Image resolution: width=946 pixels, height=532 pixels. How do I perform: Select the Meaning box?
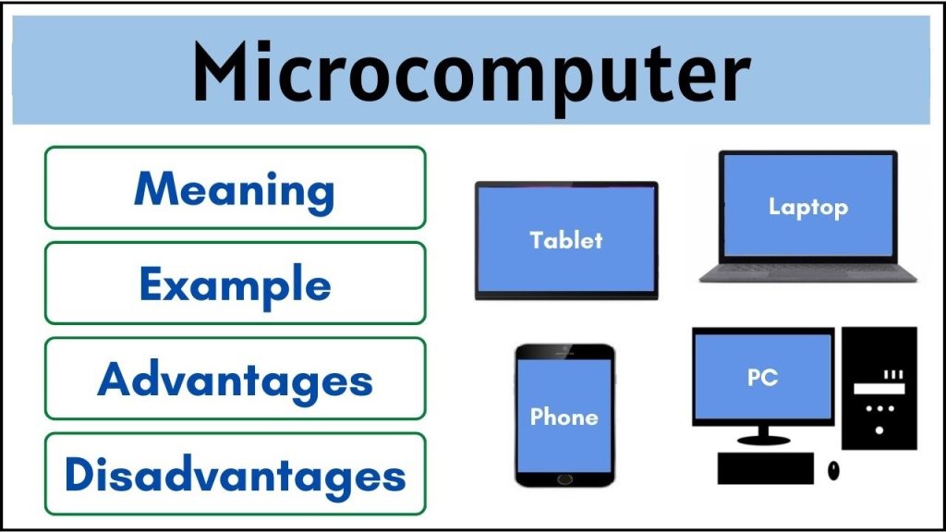click(x=235, y=187)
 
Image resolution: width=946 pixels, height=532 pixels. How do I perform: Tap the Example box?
click(x=235, y=283)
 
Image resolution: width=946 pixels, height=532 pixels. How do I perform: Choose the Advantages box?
click(x=235, y=379)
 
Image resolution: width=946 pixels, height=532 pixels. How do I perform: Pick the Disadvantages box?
click(x=235, y=474)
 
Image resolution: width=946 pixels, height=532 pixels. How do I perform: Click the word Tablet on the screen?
click(x=565, y=240)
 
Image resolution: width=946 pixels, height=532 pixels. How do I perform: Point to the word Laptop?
click(x=808, y=207)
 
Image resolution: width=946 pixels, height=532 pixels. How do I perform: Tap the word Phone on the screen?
click(x=564, y=417)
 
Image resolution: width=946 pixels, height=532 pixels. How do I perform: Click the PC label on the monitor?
click(x=762, y=377)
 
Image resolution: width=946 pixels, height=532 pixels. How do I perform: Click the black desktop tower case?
click(x=879, y=388)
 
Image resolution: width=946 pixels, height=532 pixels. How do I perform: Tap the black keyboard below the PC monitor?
click(x=765, y=468)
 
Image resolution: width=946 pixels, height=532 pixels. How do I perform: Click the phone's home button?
click(x=564, y=478)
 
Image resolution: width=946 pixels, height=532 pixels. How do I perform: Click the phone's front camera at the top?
click(x=564, y=351)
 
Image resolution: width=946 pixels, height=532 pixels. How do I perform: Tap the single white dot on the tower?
click(x=879, y=429)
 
